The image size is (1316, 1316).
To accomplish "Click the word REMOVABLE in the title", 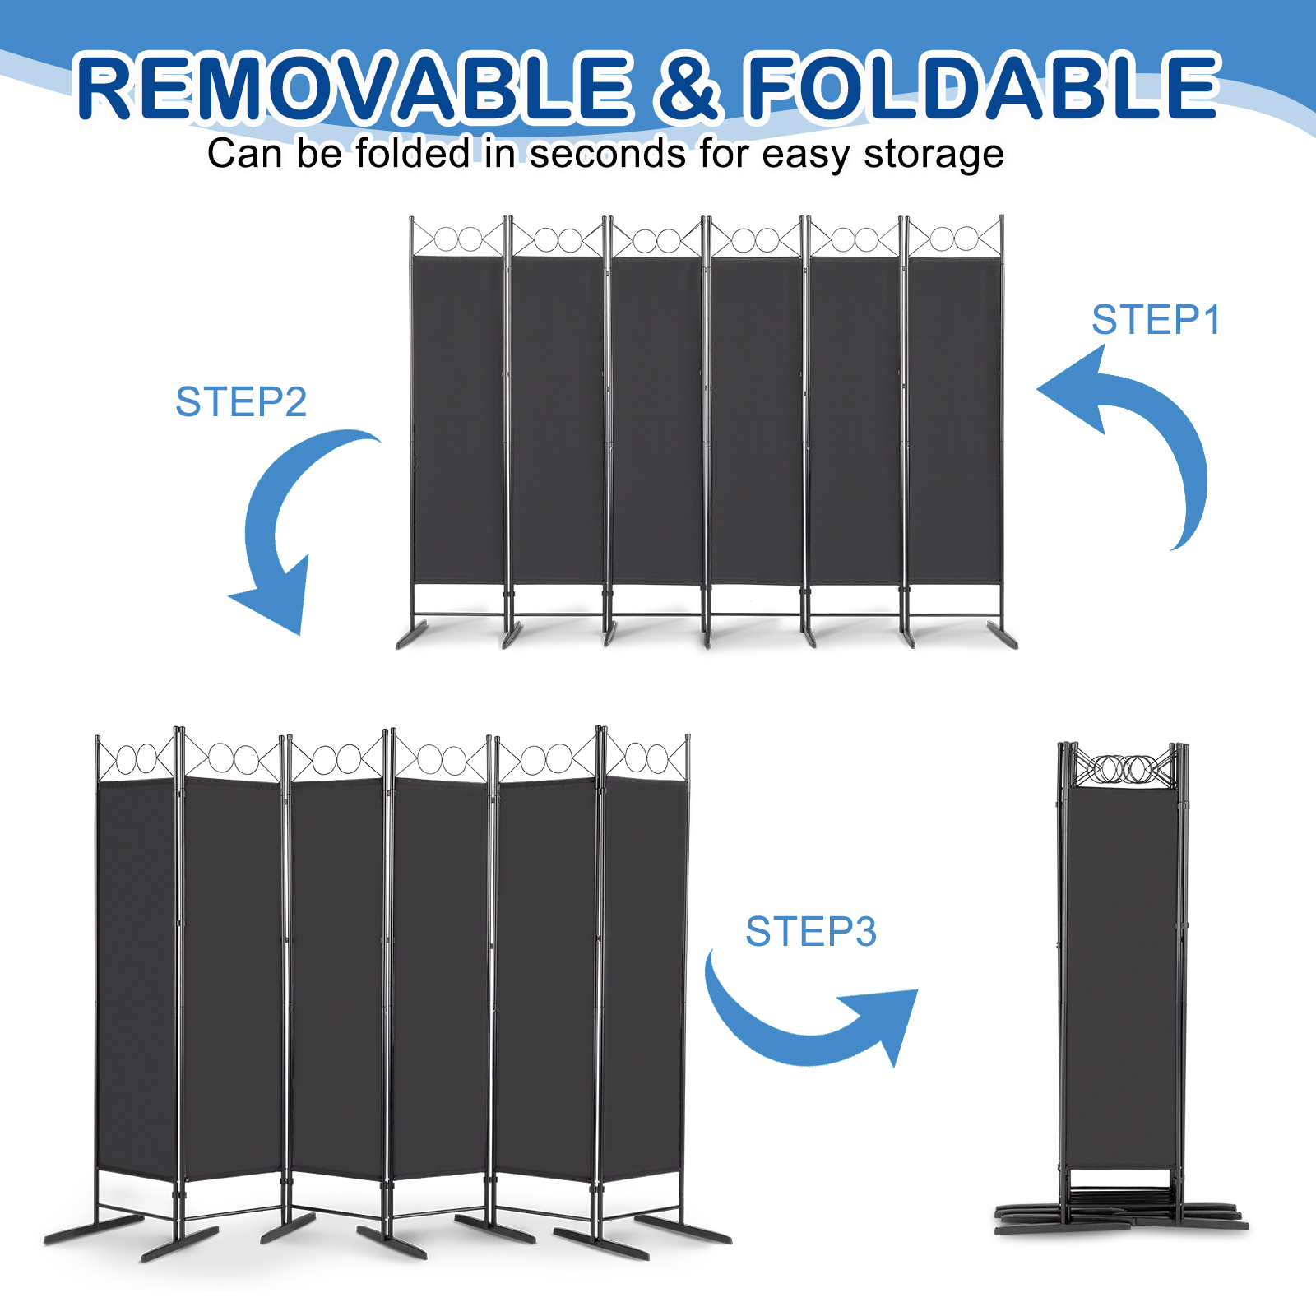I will (354, 86).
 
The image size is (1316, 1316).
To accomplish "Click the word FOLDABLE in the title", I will (983, 86).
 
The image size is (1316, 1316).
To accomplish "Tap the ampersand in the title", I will (689, 86).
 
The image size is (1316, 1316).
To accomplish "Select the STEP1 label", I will (1156, 320).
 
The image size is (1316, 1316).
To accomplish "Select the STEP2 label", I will (241, 402).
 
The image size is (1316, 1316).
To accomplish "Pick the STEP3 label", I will (811, 932).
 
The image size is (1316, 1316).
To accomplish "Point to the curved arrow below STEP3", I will (806, 1028).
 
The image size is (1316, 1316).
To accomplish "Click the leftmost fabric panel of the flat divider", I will (457, 419).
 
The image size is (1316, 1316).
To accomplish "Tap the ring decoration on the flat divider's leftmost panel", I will (458, 239).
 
